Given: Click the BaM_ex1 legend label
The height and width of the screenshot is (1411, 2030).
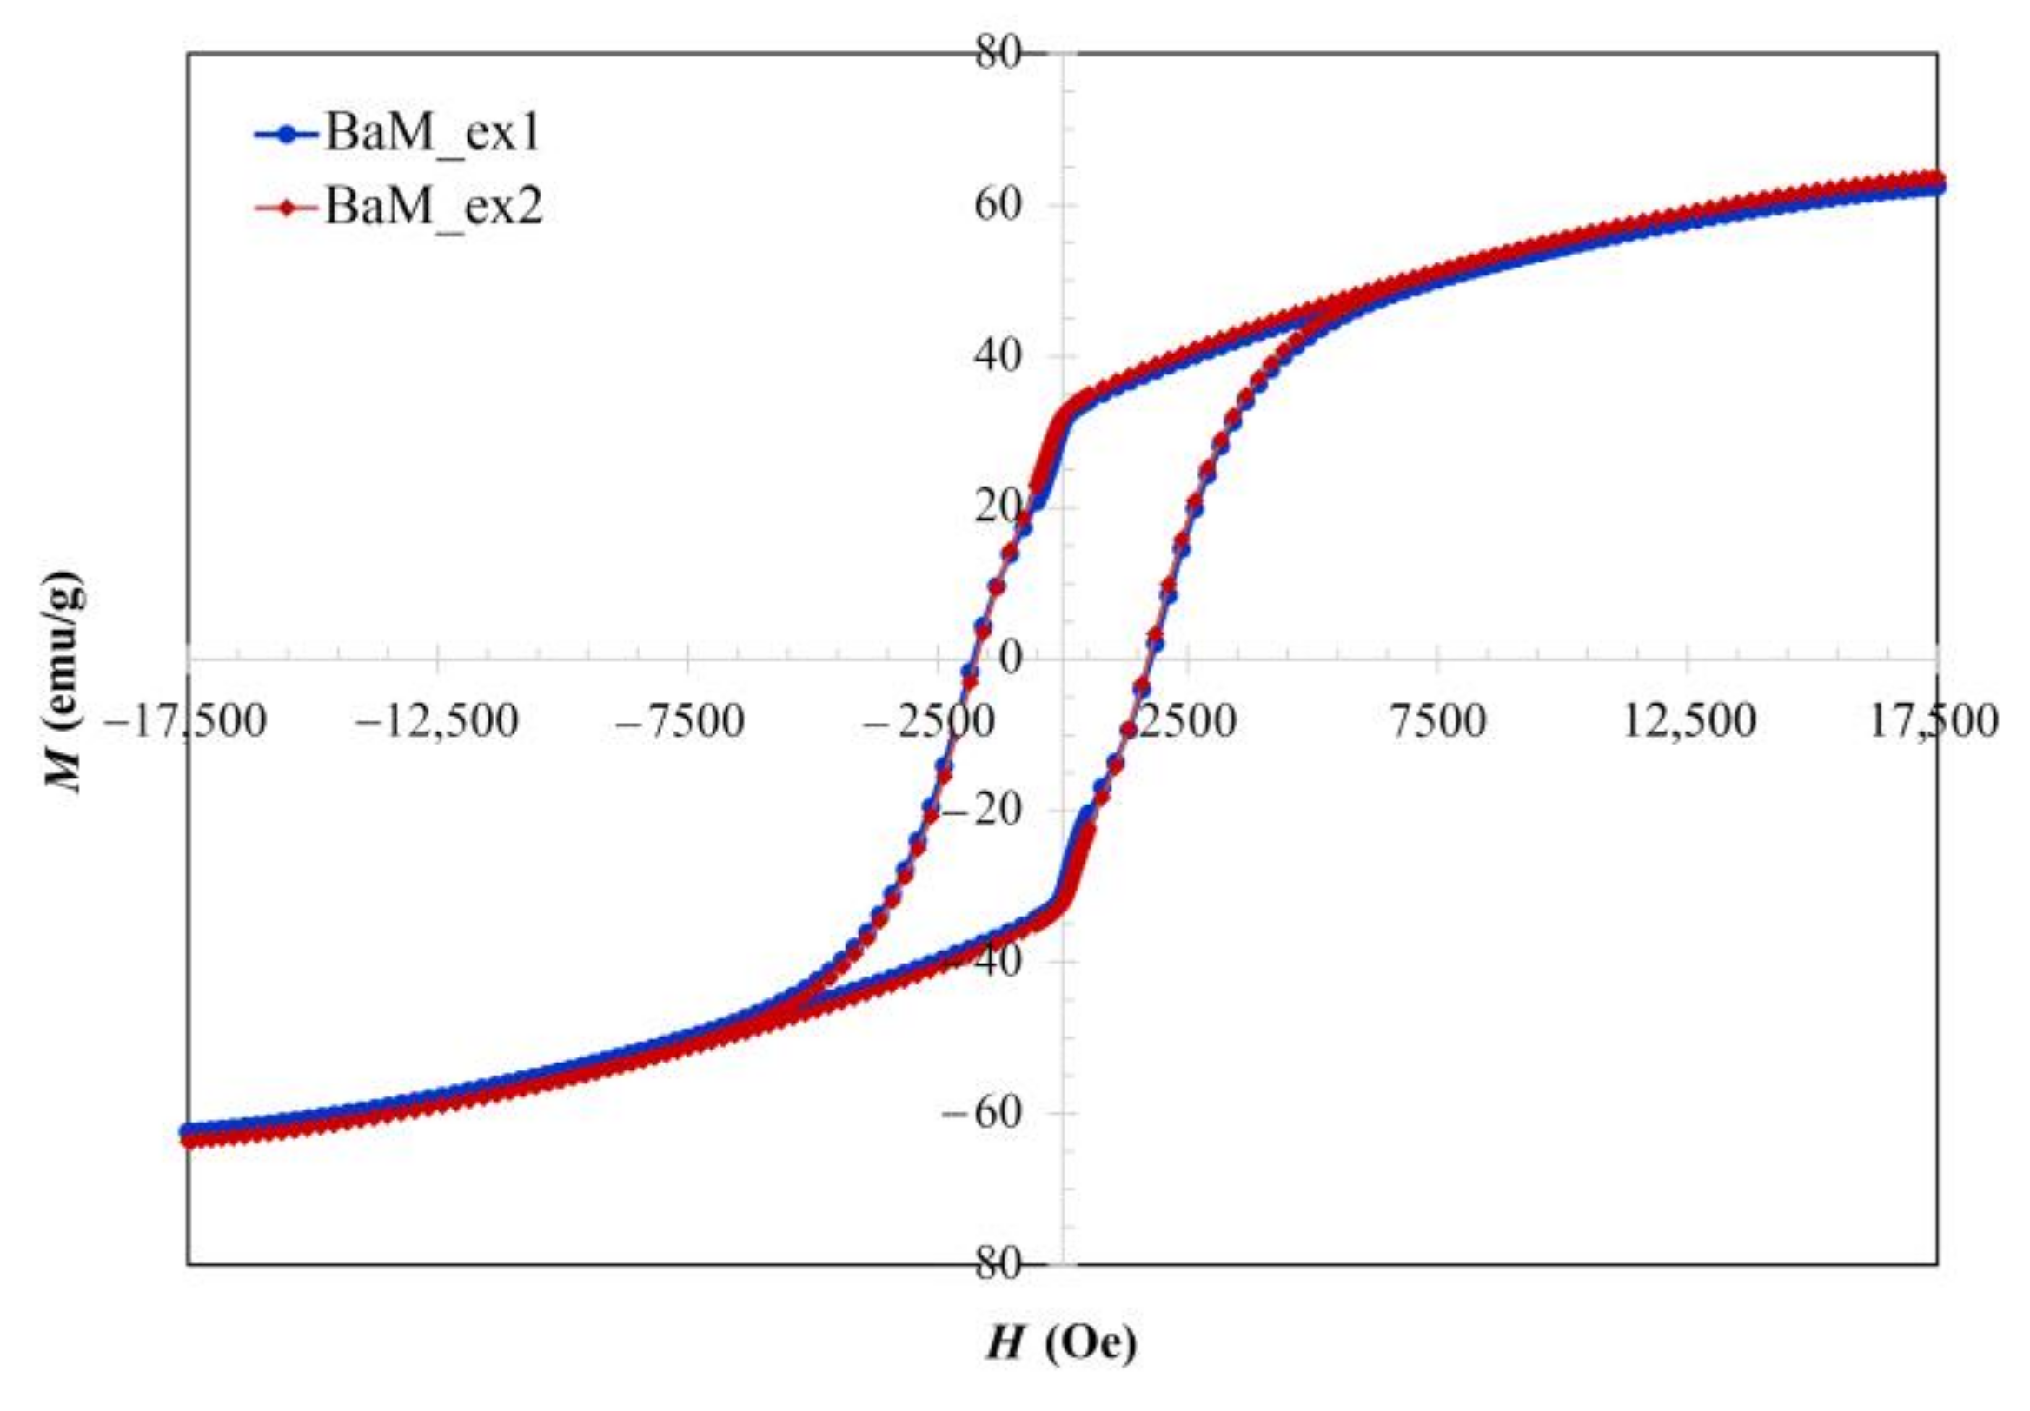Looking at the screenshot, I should (433, 136).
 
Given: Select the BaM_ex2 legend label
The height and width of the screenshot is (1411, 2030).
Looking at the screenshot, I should (435, 209).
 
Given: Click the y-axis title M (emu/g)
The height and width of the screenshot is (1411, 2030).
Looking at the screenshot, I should (65, 682).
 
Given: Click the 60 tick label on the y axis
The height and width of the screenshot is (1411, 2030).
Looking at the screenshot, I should (999, 205).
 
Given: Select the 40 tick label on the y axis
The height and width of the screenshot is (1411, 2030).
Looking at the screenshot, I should (999, 356).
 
